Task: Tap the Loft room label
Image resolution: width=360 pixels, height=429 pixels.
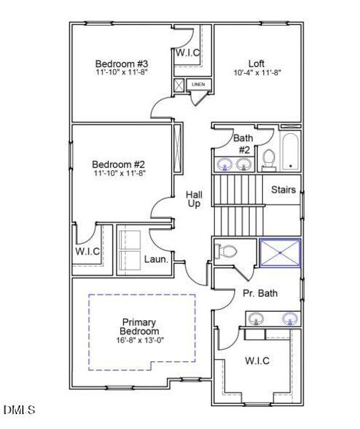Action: (x=257, y=63)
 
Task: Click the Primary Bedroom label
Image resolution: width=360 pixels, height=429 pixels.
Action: (x=140, y=327)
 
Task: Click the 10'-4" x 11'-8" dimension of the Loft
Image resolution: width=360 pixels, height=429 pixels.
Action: (x=257, y=73)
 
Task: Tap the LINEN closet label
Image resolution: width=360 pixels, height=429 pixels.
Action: (x=198, y=85)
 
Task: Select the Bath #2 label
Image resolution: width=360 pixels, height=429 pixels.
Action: (x=243, y=144)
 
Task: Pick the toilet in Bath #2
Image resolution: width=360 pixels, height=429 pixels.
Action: (x=268, y=159)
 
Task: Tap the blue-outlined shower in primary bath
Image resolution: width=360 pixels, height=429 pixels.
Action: (x=280, y=252)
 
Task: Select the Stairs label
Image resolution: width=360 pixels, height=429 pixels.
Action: (x=283, y=191)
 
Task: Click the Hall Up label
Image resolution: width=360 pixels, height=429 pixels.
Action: (x=194, y=199)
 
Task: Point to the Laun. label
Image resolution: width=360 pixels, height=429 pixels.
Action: (x=156, y=260)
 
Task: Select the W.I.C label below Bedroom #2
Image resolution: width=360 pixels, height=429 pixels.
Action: (x=87, y=252)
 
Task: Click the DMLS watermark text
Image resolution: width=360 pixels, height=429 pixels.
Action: (x=19, y=410)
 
